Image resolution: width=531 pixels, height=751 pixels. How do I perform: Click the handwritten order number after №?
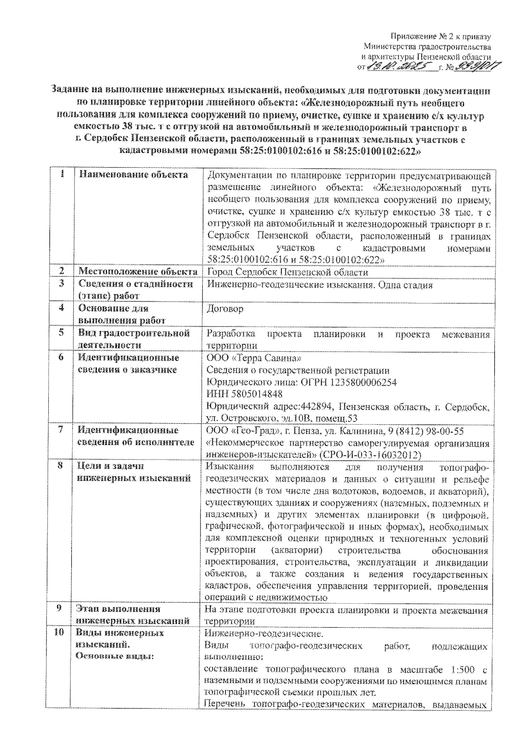pos(474,67)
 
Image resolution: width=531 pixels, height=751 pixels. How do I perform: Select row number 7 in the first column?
pos(61,430)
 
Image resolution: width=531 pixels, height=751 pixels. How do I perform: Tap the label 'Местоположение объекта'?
pos(138,272)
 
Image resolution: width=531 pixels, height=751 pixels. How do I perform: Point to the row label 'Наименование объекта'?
pos(133,175)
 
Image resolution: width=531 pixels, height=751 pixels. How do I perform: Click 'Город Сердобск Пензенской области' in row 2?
pos(287,272)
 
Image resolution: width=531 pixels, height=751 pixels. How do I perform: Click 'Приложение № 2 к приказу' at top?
pos(441,37)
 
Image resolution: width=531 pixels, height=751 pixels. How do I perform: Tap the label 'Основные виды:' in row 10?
pos(115,656)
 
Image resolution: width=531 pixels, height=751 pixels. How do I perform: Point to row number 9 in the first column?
pos(59,609)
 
